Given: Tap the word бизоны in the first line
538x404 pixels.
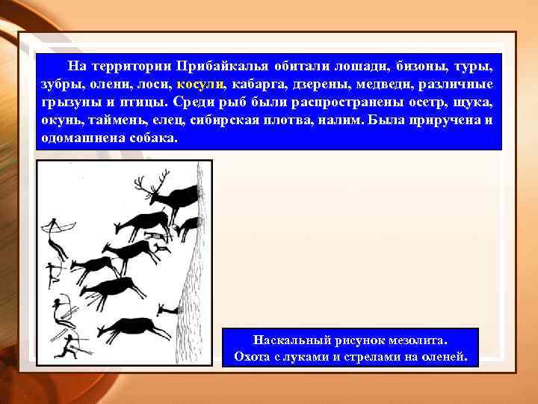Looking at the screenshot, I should [423, 66].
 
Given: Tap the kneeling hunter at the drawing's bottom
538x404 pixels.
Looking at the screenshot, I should [71, 345].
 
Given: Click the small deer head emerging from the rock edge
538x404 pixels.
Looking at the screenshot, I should [171, 309].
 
